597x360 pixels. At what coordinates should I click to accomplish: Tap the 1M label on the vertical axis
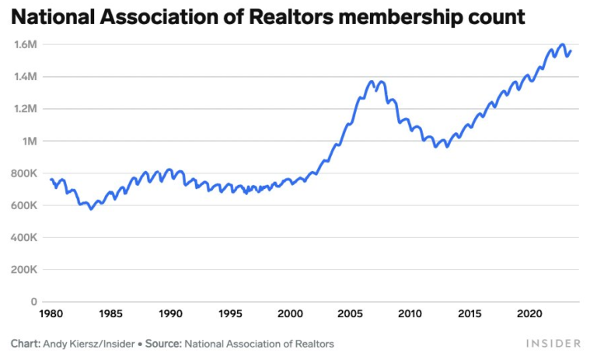pos(30,141)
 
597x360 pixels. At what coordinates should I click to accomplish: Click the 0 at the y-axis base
pos(34,302)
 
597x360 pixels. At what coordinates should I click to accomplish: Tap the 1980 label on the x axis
pos(51,314)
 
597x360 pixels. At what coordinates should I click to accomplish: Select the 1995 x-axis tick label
pos(230,314)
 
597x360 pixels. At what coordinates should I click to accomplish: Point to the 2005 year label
pos(350,314)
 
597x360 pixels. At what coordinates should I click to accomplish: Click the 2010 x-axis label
pos(410,314)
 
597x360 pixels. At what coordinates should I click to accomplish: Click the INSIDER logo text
pos(553,343)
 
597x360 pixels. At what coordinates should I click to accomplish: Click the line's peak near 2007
pos(372,81)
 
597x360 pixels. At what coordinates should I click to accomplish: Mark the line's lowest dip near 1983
pos(90,208)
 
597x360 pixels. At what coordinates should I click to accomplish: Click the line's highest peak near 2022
pos(561,45)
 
